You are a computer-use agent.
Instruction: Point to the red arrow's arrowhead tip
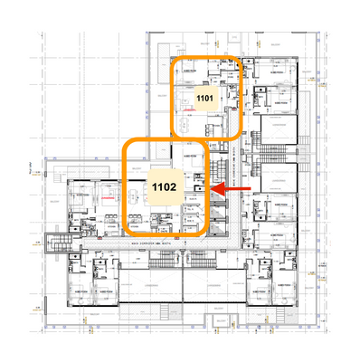coord(212,190)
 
